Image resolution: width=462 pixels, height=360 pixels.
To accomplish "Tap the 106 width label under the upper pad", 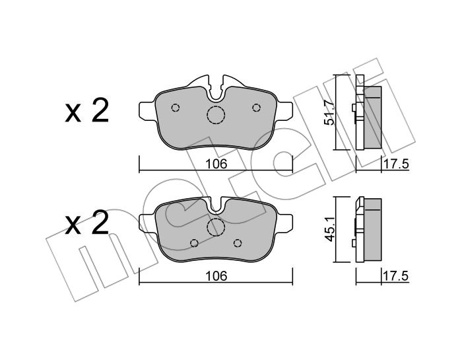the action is coord(216,164).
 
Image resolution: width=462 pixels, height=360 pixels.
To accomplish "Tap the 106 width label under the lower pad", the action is coord(216,276).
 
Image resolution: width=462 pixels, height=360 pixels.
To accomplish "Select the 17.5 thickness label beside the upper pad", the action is coord(396,164).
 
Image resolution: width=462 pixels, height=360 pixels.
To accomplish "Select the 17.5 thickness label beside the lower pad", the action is coord(396,276).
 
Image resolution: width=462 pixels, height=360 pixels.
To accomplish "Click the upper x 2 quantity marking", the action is coord(87,111).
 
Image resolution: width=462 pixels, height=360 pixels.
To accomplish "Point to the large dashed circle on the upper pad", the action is coord(216,115).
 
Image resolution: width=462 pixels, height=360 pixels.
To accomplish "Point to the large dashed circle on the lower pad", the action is coord(216,227).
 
